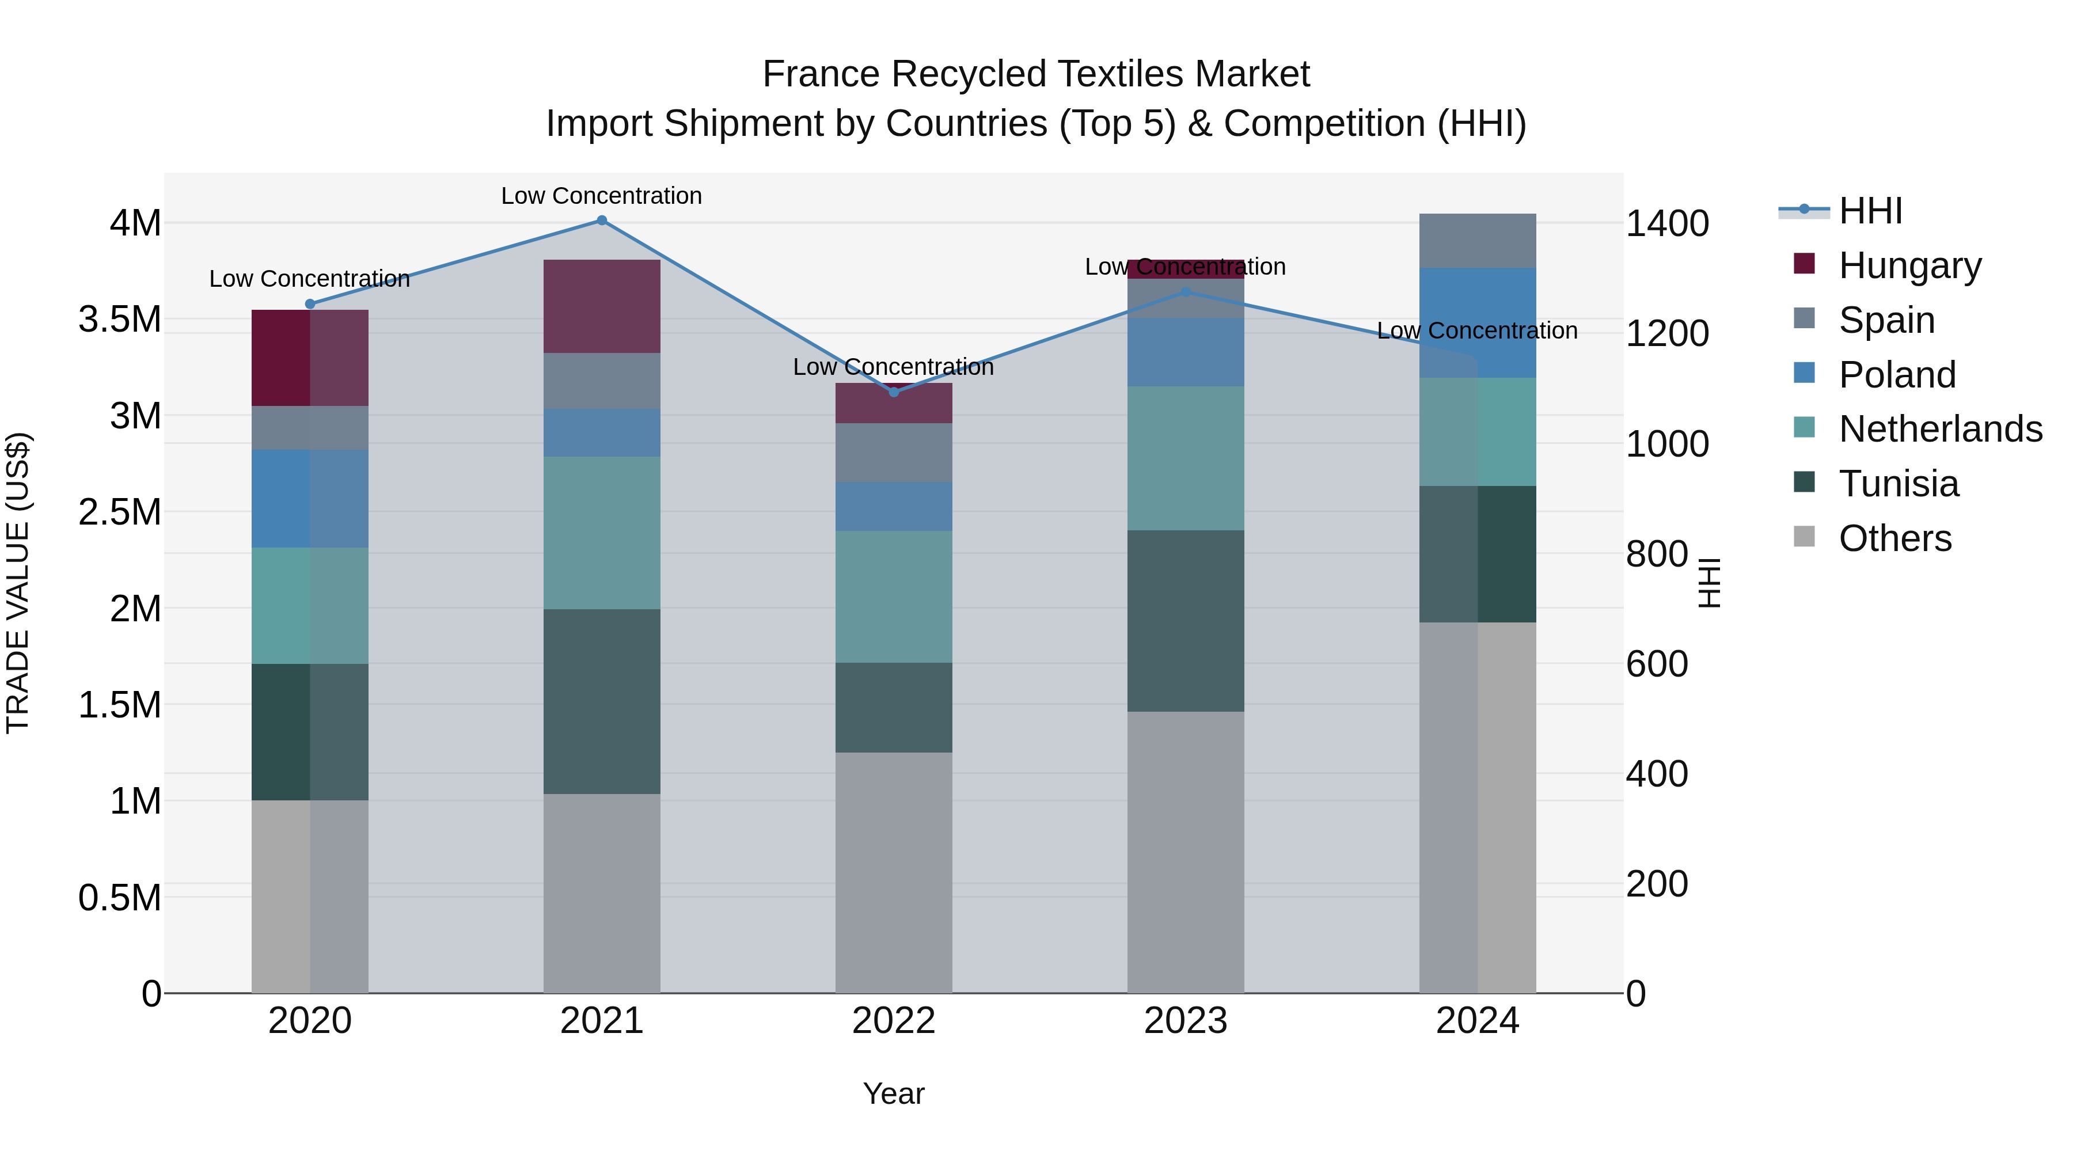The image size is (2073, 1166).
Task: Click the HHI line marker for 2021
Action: pyautogui.click(x=602, y=221)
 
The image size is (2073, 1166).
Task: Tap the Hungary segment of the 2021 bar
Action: pyautogui.click(x=602, y=306)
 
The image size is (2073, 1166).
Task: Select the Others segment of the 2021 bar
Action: pyautogui.click(x=602, y=893)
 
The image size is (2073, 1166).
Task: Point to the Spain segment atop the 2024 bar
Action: pyautogui.click(x=1478, y=241)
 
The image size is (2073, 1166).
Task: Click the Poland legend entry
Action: pyautogui.click(x=1897, y=375)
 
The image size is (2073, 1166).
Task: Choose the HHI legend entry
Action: pyautogui.click(x=1870, y=211)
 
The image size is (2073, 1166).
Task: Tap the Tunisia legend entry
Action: pyautogui.click(x=1899, y=484)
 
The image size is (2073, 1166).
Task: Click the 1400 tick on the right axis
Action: pyautogui.click(x=1668, y=224)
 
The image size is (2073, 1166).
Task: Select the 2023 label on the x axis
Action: pyautogui.click(x=1186, y=1021)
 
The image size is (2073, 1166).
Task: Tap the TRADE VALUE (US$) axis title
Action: pyautogui.click(x=18, y=583)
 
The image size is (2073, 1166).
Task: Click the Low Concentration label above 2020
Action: pyautogui.click(x=310, y=279)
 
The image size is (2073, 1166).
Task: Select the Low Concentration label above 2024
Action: pyautogui.click(x=1478, y=331)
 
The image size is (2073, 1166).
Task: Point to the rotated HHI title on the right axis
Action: pyautogui.click(x=1708, y=583)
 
